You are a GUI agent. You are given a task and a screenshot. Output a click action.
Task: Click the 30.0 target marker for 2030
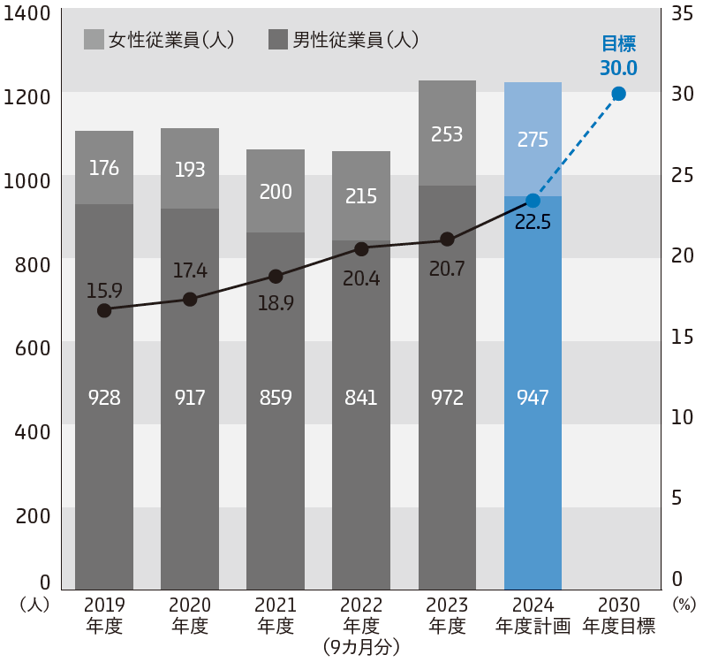[618, 94]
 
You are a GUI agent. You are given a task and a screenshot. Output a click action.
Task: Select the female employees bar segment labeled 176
[104, 168]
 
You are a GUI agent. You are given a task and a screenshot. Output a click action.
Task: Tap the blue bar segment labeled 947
[533, 398]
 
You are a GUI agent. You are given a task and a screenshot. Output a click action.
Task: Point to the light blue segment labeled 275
[533, 139]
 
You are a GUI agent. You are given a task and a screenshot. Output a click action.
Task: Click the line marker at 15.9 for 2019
[104, 310]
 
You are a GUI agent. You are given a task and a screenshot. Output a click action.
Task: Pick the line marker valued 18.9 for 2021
[276, 276]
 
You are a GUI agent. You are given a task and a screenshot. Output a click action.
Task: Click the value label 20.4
[361, 278]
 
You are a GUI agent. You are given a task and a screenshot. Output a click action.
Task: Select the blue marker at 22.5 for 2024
[533, 201]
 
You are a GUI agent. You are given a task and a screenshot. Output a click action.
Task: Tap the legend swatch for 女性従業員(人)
[94, 40]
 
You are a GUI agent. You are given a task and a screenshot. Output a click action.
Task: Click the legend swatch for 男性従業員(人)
[278, 40]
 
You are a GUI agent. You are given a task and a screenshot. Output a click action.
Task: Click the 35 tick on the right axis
[683, 14]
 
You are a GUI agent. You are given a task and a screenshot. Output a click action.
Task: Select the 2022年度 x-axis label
[361, 615]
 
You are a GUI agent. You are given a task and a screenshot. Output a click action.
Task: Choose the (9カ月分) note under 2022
[361, 647]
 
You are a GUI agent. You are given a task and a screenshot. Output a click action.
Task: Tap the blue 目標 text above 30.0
[618, 44]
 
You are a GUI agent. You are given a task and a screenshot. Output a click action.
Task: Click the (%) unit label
[684, 605]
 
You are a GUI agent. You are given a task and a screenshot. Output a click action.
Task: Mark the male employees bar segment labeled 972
[447, 398]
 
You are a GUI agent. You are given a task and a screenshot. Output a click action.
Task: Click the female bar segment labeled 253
[447, 134]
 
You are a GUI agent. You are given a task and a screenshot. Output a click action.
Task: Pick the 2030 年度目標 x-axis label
[618, 615]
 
